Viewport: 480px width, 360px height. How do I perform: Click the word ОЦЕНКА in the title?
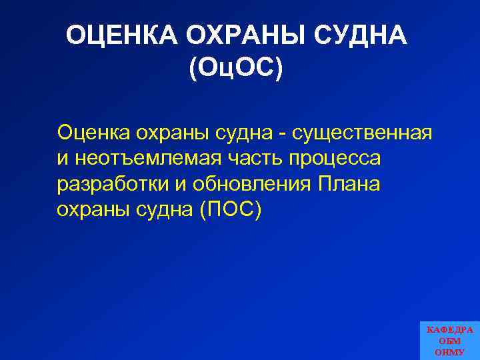point(121,36)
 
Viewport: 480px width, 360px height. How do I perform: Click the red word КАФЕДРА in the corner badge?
point(450,330)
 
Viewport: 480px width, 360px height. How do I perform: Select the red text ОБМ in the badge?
point(450,341)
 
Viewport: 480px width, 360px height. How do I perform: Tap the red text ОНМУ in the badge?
point(450,351)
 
